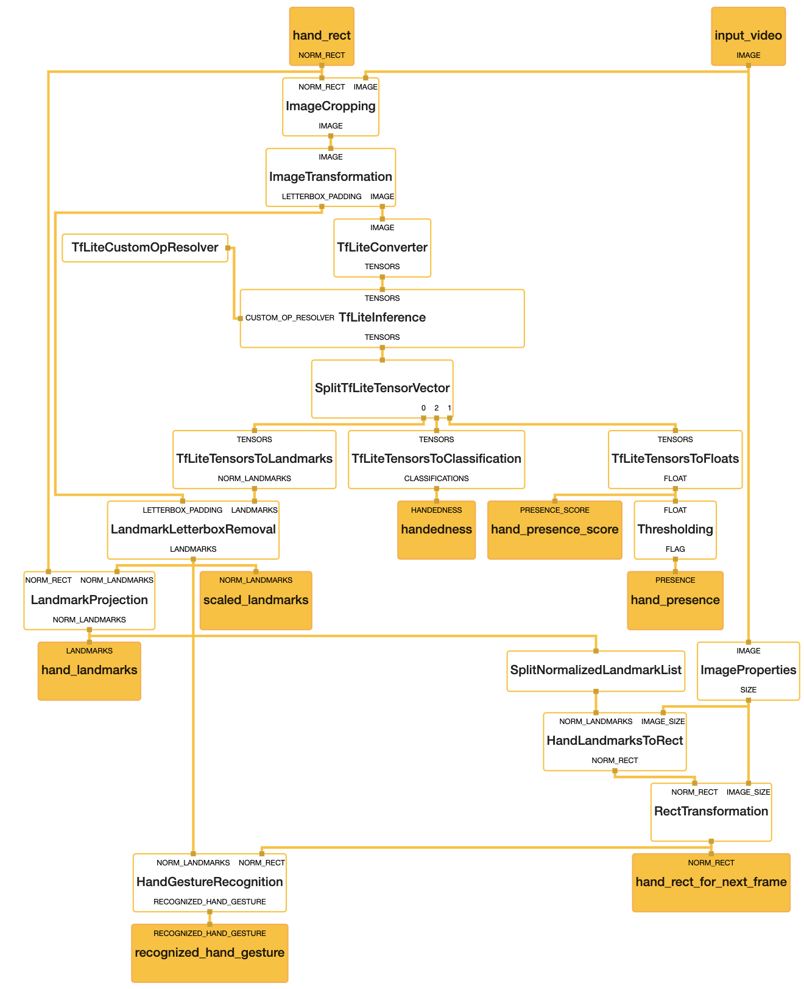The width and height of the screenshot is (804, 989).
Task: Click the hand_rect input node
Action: coord(322,36)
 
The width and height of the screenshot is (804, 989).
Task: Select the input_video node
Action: coord(748,36)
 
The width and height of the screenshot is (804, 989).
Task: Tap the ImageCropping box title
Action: coord(330,106)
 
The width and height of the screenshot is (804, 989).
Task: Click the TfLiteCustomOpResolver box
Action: coord(145,247)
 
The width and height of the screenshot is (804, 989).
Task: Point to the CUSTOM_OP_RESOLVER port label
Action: coord(289,318)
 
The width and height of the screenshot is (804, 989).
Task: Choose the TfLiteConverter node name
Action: coord(382,247)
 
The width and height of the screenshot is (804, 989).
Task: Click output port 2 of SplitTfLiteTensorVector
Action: coord(436,418)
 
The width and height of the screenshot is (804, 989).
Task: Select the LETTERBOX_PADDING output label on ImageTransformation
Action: coord(322,197)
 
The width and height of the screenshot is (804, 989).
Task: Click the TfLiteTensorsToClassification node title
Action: coord(436,459)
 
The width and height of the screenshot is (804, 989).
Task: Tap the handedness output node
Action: coord(436,530)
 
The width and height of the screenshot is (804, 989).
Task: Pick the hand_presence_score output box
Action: coord(555,530)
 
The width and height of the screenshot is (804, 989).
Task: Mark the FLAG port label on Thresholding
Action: coord(675,549)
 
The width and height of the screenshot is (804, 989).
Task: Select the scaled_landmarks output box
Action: coord(255,600)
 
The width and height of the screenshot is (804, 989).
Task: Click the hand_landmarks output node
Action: coord(89,670)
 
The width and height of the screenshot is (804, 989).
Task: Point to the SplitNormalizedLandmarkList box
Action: coord(596,670)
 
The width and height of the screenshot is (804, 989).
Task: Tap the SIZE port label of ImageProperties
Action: coord(748,689)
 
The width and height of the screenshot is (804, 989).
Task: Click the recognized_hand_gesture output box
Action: coord(210,953)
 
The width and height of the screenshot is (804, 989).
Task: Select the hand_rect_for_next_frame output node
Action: coord(711,882)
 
